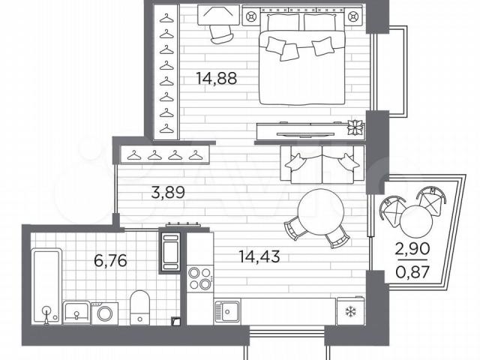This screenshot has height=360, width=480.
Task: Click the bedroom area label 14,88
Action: click(217, 78)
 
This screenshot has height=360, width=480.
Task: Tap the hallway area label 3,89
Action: click(168, 193)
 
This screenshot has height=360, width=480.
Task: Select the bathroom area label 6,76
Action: click(110, 261)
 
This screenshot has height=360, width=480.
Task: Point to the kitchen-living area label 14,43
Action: click(259, 256)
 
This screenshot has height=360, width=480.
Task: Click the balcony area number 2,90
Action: click(412, 249)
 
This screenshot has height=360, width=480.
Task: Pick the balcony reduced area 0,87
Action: click(412, 271)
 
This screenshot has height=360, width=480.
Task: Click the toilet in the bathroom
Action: click(140, 307)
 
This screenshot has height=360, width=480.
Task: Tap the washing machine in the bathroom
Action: click(105, 313)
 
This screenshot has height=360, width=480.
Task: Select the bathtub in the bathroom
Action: click(46, 286)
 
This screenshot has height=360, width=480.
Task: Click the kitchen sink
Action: click(227, 311)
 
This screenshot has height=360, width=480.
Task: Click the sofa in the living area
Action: click(322, 164)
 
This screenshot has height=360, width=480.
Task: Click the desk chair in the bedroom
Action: click(221, 34)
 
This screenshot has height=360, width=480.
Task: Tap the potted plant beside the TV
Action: click(355, 127)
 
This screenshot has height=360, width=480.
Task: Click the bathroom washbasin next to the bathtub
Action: click(76, 312)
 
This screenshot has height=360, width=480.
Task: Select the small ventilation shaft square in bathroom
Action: click(177, 321)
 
